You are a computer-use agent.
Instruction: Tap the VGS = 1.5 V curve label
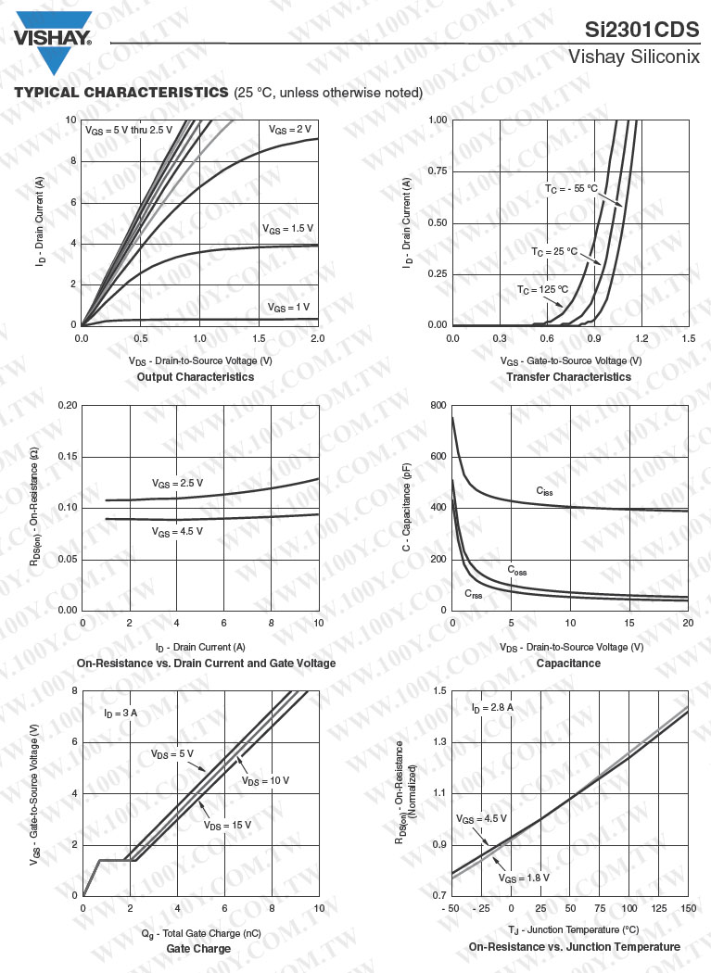point(287,228)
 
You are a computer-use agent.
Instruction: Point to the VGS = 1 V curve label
point(288,307)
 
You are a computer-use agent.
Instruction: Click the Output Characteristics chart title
point(195,377)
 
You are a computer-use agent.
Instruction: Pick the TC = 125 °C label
point(542,290)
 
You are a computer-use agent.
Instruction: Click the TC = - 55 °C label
point(570,189)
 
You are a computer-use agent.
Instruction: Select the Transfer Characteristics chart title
point(568,377)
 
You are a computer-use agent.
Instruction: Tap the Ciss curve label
point(544,490)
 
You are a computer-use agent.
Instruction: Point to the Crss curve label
point(473,594)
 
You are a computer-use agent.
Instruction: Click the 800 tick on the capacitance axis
point(438,406)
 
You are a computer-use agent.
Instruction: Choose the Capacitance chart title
point(568,663)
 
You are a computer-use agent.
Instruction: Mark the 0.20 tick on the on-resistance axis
point(66,406)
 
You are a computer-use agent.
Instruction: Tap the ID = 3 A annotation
point(121,713)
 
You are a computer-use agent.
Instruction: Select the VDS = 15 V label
point(228,825)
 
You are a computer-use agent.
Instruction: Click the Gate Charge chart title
point(198,949)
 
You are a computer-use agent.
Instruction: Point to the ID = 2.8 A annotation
point(491,708)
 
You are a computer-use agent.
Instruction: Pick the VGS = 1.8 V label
point(524,878)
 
